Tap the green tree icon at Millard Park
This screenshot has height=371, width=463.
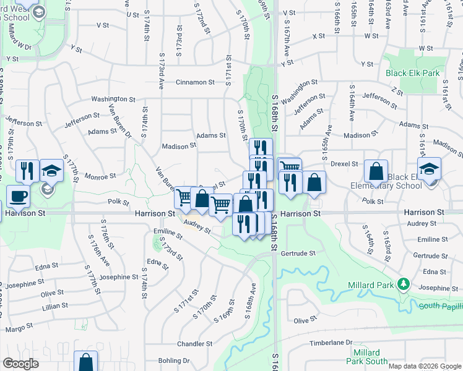pos(404,284)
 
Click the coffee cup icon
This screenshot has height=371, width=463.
pos(18,196)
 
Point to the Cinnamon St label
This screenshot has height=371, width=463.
pos(195,82)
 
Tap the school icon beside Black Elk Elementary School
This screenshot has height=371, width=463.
pos(429,168)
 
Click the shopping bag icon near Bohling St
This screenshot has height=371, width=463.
pos(85,361)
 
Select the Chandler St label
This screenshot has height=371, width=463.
pos(195,344)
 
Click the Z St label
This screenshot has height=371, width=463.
pos(397,92)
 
